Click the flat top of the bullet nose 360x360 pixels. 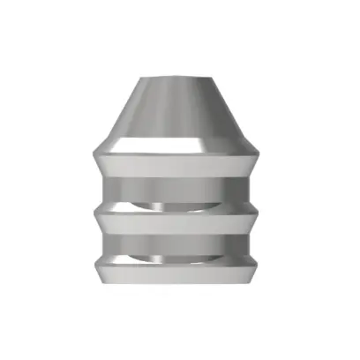click(179, 79)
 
